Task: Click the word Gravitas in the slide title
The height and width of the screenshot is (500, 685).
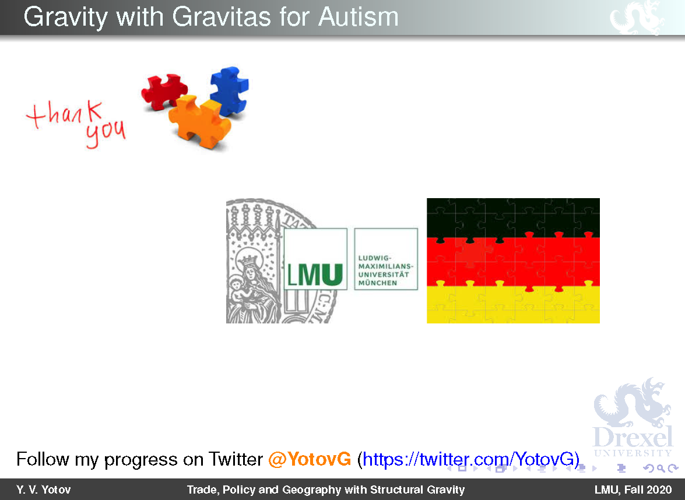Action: click(x=222, y=17)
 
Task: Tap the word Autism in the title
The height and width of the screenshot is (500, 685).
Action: click(x=358, y=17)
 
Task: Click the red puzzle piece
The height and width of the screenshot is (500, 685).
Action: click(x=163, y=91)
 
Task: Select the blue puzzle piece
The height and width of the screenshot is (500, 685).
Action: click(x=229, y=90)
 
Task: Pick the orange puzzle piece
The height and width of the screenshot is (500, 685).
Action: click(x=200, y=121)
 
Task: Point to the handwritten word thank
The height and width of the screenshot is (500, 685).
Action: click(x=65, y=114)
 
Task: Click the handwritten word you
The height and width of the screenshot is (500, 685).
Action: click(x=106, y=133)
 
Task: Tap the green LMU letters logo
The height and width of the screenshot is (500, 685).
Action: click(x=315, y=274)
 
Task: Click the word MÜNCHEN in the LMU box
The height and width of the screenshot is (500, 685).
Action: click(x=377, y=283)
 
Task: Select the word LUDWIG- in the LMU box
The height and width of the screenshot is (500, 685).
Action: click(x=374, y=258)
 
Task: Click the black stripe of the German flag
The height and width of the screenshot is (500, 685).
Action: click(x=513, y=217)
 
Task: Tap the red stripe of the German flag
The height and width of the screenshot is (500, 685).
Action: click(x=513, y=261)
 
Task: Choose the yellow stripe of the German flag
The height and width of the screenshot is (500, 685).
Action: click(x=513, y=305)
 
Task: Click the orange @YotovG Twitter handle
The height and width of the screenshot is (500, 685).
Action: click(x=310, y=459)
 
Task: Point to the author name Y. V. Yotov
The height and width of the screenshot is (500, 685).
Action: click(x=43, y=490)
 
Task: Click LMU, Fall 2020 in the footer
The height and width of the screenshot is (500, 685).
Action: click(x=633, y=490)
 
